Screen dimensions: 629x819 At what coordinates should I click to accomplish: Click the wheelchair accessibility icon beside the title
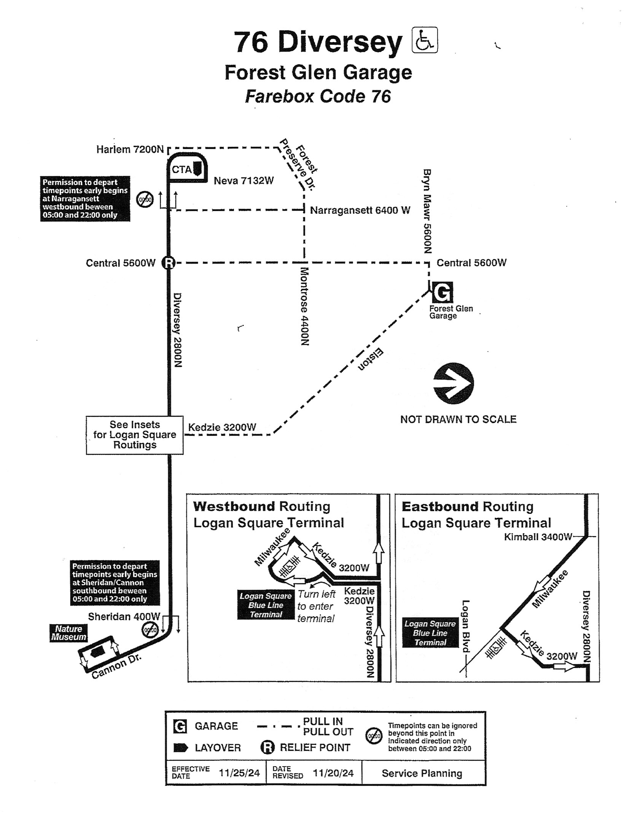click(425, 40)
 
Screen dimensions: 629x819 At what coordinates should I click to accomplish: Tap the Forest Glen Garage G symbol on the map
click(442, 292)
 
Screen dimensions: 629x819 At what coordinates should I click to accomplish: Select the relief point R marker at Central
click(169, 262)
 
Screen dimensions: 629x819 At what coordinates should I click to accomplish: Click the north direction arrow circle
click(453, 383)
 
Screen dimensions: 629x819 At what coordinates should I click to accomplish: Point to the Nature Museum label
click(68, 633)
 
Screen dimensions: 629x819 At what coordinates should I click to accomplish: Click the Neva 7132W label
click(244, 181)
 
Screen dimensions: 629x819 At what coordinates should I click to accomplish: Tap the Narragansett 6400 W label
click(360, 210)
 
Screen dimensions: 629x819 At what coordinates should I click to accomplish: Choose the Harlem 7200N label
click(130, 149)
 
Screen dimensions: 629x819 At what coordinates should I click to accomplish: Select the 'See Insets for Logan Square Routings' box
click(135, 435)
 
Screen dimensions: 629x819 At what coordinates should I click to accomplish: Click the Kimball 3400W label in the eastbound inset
click(538, 537)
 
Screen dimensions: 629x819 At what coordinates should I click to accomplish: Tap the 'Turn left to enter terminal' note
click(316, 606)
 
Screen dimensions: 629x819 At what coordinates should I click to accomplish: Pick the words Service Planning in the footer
click(422, 774)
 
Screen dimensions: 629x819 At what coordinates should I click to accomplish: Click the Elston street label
click(371, 359)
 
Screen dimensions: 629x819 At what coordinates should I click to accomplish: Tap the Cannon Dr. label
click(116, 666)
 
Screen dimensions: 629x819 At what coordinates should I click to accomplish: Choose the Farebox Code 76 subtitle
click(318, 96)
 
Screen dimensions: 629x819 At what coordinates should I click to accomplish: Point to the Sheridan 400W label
click(124, 616)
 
